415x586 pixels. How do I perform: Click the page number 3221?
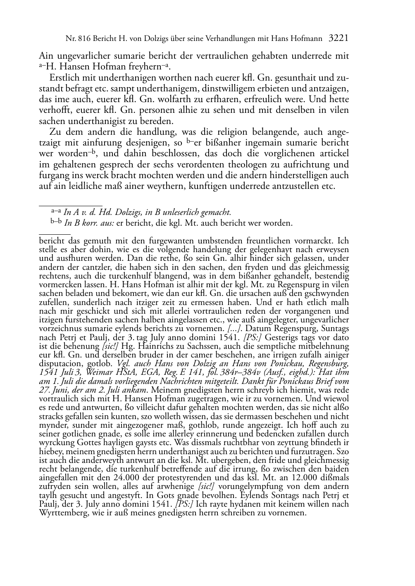339,39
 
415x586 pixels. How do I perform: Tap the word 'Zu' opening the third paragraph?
54,132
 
